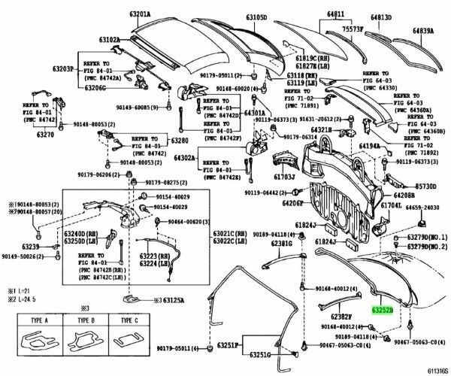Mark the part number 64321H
(327, 130)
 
